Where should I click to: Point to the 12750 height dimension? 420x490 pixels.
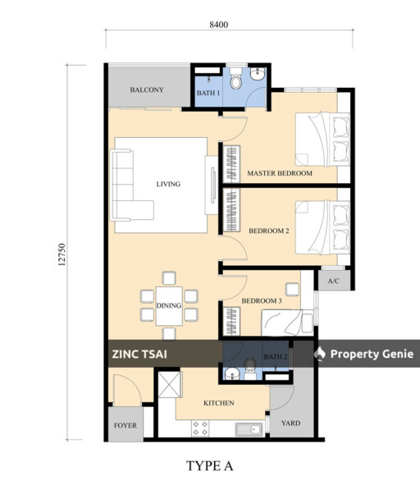(62, 250)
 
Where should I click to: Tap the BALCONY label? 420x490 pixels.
(148, 90)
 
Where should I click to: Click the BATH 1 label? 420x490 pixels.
(208, 94)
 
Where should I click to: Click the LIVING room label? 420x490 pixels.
(168, 184)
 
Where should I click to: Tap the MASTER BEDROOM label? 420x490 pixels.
(280, 174)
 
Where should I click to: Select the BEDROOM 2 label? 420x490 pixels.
(269, 231)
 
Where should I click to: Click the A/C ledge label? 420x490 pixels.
(334, 282)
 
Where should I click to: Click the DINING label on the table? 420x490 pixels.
(168, 305)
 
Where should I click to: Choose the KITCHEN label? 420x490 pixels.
(219, 403)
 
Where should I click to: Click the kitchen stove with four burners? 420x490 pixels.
(199, 427)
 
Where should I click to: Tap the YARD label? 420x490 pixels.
(290, 424)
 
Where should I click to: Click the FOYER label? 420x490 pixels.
(124, 425)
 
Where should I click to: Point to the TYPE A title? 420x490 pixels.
(210, 466)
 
